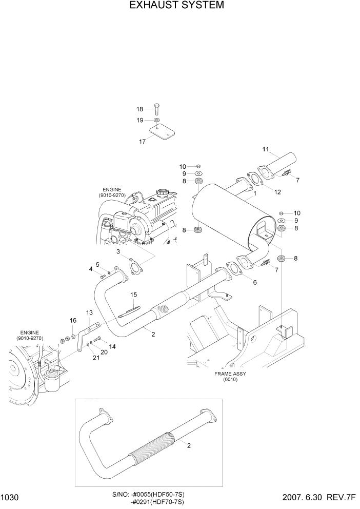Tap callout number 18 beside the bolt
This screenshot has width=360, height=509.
(140, 109)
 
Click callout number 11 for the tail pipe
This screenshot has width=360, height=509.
(266, 149)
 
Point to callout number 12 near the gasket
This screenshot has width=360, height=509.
(277, 192)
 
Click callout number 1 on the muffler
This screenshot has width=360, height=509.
(254, 194)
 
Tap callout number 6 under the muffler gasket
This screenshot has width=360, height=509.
(254, 282)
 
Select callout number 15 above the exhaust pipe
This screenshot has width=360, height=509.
(134, 295)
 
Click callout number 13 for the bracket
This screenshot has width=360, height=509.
(89, 312)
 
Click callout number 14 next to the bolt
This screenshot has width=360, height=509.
(112, 346)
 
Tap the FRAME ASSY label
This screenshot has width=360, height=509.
(230, 374)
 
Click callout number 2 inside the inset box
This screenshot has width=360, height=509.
(189, 445)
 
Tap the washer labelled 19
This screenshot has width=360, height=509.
(156, 120)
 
